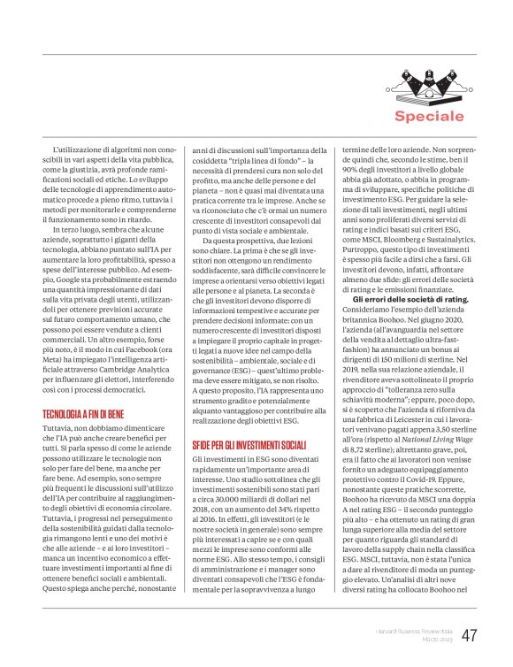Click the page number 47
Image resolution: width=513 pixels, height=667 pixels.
tap(470, 635)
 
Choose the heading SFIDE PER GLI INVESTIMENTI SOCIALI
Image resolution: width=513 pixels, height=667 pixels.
tap(249, 445)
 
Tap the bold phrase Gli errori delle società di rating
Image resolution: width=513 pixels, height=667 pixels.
tap(404, 299)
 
